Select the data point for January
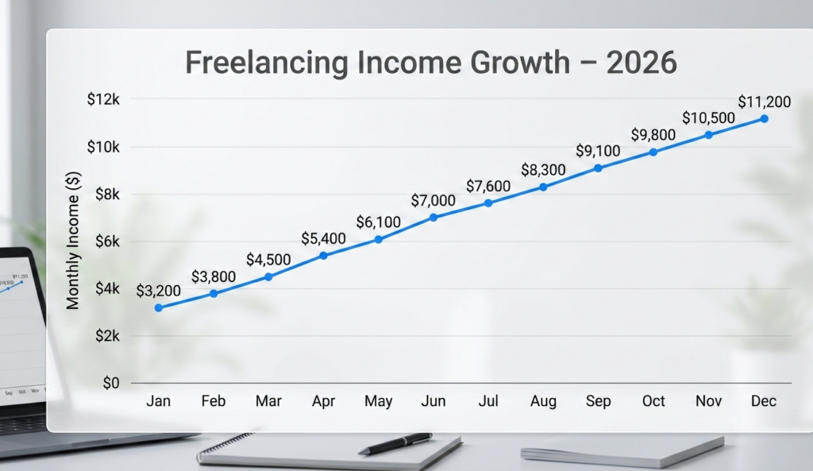point(159,307)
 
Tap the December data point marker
point(764,118)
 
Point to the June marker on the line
point(433,217)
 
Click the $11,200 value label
point(764,102)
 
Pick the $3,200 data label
point(159,291)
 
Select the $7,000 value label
point(433,200)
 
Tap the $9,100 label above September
point(598,151)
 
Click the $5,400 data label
point(323,238)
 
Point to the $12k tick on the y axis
point(105,99)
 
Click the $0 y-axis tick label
point(110,383)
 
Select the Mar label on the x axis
point(268,401)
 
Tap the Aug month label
point(543,401)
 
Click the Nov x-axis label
point(709,401)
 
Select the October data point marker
point(653,152)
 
